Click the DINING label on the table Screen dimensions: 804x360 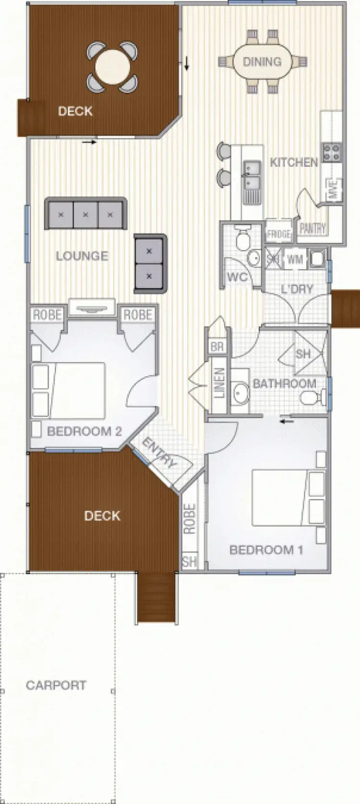(x=262, y=62)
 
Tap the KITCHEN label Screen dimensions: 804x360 (x=294, y=162)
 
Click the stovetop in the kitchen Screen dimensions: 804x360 (x=332, y=152)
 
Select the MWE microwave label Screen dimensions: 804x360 (x=335, y=189)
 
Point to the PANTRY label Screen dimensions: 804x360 (x=312, y=228)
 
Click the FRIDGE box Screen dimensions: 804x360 (x=278, y=234)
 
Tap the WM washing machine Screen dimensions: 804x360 (x=295, y=260)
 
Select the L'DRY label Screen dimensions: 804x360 (x=297, y=289)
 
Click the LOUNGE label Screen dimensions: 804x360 (x=82, y=256)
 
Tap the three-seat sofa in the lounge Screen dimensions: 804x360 (x=85, y=214)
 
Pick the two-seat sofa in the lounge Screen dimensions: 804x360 (x=149, y=263)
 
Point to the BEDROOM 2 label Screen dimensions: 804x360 (x=84, y=431)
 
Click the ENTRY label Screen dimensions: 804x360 (x=160, y=453)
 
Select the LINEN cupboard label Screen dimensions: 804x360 (x=218, y=383)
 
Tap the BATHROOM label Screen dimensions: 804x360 (x=284, y=383)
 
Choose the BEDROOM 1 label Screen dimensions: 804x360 (x=266, y=550)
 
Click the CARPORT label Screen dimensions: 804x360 (x=56, y=685)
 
